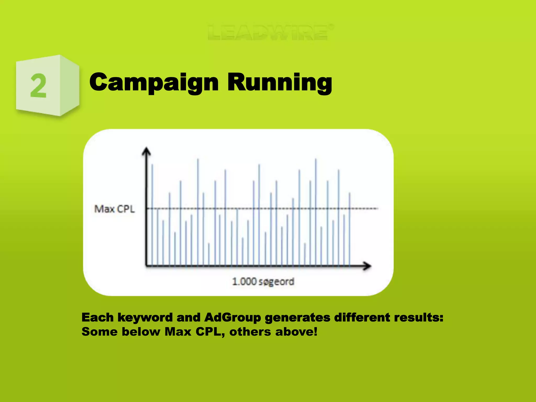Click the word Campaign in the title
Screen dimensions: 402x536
click(154, 83)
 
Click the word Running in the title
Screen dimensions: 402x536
click(280, 83)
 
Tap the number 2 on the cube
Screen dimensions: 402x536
click(38, 86)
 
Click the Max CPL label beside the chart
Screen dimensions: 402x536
click(115, 209)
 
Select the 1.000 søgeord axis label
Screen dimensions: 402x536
click(263, 282)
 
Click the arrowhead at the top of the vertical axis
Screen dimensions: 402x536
click(147, 151)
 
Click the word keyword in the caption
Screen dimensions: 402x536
click(145, 317)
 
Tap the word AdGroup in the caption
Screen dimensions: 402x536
click(232, 317)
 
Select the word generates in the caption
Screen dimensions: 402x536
click(298, 317)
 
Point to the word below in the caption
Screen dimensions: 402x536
click(141, 332)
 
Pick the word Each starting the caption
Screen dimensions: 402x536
click(97, 317)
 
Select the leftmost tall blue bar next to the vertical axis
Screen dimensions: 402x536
click(152, 215)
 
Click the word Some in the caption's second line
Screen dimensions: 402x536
click(99, 332)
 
